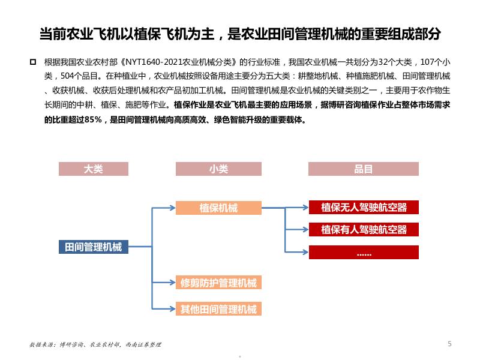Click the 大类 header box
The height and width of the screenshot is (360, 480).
click(93, 169)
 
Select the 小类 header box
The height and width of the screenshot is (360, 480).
click(218, 169)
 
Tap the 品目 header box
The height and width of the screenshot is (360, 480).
click(363, 169)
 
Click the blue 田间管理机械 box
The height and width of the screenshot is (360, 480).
click(93, 247)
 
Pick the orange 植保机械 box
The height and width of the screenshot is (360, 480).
click(218, 208)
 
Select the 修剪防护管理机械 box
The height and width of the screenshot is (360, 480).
click(218, 283)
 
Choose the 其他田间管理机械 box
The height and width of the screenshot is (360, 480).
click(218, 310)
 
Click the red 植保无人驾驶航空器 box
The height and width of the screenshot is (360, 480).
click(364, 208)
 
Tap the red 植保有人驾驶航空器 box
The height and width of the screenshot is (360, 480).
click(364, 229)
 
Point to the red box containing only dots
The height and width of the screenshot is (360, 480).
click(364, 253)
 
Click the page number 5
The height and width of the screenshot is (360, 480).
click(449, 344)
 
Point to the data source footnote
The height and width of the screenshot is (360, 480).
click(95, 345)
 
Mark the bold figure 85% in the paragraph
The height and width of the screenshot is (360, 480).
click(91, 119)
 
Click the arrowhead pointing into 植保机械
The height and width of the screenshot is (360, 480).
click(173, 208)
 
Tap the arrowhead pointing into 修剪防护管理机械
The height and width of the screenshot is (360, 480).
click(173, 283)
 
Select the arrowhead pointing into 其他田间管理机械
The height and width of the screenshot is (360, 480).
click(173, 310)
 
